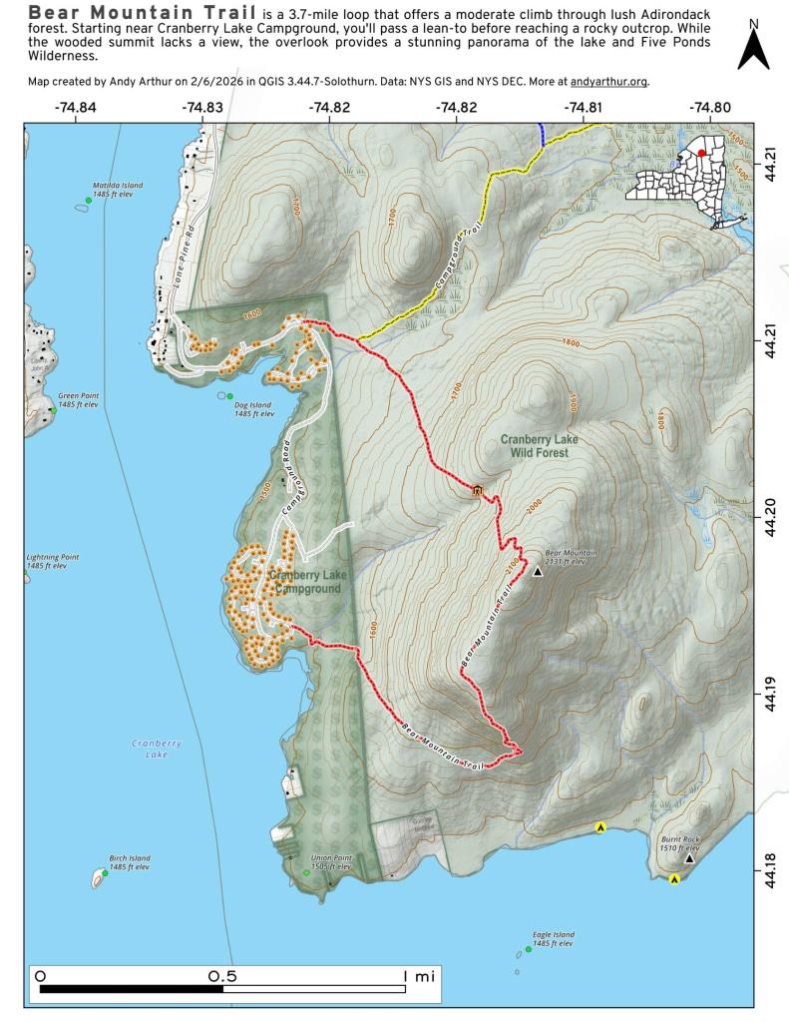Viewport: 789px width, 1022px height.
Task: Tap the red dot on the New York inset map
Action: click(x=701, y=153)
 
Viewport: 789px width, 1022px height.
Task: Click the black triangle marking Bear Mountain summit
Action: click(x=537, y=572)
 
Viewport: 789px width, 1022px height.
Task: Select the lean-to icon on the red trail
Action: click(x=477, y=490)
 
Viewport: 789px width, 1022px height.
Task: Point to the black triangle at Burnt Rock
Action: click(x=688, y=857)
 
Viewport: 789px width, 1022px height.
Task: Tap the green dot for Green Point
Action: click(x=53, y=410)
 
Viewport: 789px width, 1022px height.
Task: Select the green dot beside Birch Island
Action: click(x=105, y=872)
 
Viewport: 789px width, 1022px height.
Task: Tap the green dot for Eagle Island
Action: click(x=528, y=949)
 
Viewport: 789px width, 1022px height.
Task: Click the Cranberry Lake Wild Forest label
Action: click(x=540, y=445)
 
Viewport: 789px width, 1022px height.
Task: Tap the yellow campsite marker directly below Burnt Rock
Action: click(x=675, y=879)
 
